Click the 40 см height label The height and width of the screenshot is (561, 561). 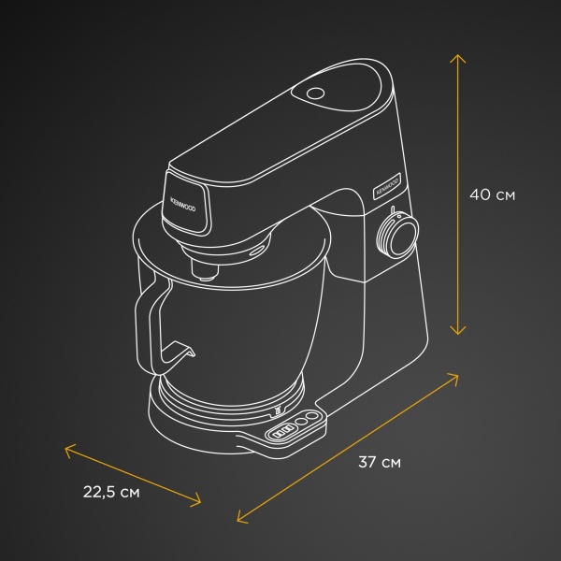[x=492, y=195]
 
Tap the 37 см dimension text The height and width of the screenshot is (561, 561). [x=379, y=462]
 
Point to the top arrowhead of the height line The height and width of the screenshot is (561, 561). [x=458, y=56]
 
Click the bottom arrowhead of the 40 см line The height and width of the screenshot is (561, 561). [x=458, y=332]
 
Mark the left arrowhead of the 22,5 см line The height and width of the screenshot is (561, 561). [x=66, y=448]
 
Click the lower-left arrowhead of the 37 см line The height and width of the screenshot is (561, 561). [x=239, y=519]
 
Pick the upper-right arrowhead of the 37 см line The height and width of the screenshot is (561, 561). [x=457, y=376]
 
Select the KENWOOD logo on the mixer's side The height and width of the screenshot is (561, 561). [x=385, y=182]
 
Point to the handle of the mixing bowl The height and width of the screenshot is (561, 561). [x=142, y=318]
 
